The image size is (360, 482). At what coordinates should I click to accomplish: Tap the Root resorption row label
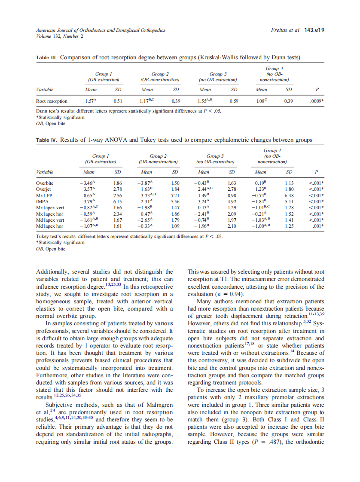pyautogui.click(x=52, y=101)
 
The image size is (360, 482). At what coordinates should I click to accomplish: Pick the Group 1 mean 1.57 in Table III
pyautogui.click(x=90, y=101)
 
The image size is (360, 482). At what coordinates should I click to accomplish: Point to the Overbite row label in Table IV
pyautogui.click(x=45, y=183)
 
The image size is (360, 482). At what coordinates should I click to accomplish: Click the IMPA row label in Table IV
pyautogui.click(x=42, y=201)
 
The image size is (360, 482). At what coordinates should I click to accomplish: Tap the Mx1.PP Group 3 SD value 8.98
pyautogui.click(x=232, y=195)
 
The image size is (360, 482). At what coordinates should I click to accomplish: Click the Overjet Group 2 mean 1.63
pyautogui.click(x=146, y=189)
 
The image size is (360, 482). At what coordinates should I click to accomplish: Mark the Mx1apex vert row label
pyautogui.click(x=50, y=207)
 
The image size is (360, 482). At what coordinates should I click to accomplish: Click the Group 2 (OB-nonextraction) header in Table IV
pyautogui.click(x=158, y=159)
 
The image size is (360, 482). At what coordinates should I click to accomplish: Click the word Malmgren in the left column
pyautogui.click(x=155, y=405)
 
